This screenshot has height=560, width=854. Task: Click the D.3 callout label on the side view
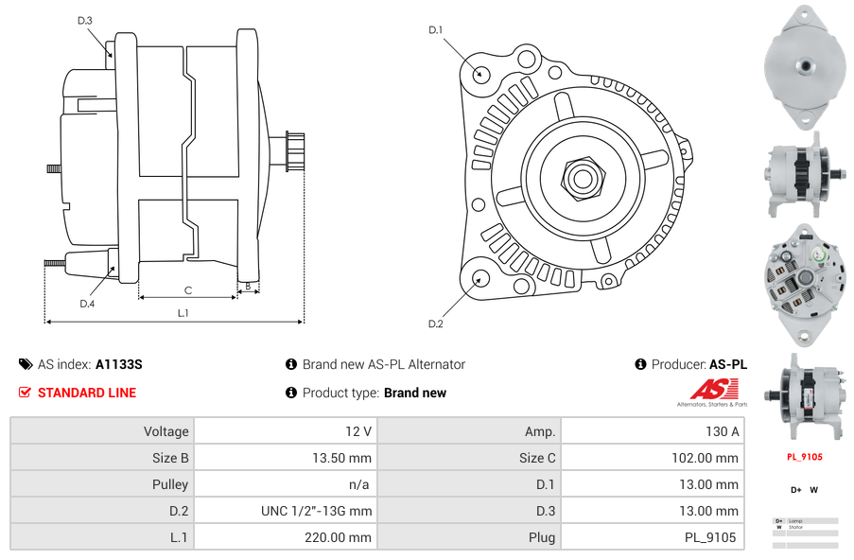(x=85, y=20)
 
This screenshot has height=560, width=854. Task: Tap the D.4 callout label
(x=87, y=304)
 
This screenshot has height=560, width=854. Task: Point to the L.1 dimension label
(x=183, y=312)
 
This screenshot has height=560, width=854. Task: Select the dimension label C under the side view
(x=188, y=290)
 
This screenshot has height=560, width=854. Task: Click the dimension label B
(x=248, y=286)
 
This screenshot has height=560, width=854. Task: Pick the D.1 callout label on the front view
(x=436, y=30)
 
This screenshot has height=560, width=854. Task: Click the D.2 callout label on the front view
(x=436, y=324)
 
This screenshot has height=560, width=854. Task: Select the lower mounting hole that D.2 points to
(x=480, y=278)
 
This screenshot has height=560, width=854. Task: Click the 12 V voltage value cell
(x=358, y=431)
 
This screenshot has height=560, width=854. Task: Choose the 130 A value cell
(x=724, y=431)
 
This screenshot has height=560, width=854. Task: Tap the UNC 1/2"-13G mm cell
(x=317, y=511)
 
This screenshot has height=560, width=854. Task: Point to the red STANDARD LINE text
(x=87, y=393)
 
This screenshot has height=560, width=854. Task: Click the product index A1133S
(x=119, y=364)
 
